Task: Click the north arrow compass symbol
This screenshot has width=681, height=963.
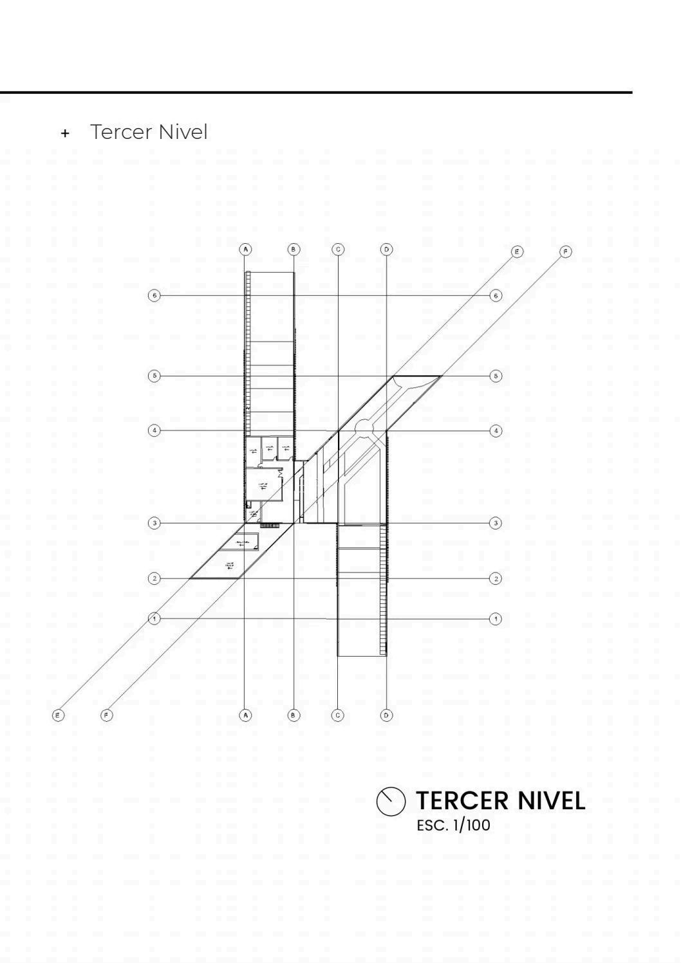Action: pos(391,802)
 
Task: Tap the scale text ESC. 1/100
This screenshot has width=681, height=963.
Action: pos(453,825)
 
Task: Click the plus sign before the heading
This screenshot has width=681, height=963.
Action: pos(64,134)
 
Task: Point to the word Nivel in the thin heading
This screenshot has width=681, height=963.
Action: pos(183,132)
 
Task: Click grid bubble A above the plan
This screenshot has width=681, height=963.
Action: pos(245,249)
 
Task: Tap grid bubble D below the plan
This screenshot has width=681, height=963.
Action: pos(386,715)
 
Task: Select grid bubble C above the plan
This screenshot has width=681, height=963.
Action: pos(338,249)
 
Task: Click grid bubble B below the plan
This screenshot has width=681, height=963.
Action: pos(294,715)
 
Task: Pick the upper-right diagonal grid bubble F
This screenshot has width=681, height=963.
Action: pos(566,252)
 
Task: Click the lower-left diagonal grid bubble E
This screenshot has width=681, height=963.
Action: pos(58,715)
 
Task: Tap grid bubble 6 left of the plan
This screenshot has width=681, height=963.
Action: pos(154,295)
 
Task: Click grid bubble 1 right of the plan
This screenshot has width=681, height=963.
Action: pos(495,619)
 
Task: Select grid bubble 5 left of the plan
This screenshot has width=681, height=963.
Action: pos(154,376)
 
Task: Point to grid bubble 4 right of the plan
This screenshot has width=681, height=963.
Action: pos(496,430)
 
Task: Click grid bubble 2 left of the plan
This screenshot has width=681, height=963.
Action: pos(154,578)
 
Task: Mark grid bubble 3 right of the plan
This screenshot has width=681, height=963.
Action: pos(496,523)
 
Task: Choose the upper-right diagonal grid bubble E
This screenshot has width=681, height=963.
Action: pos(517,252)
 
